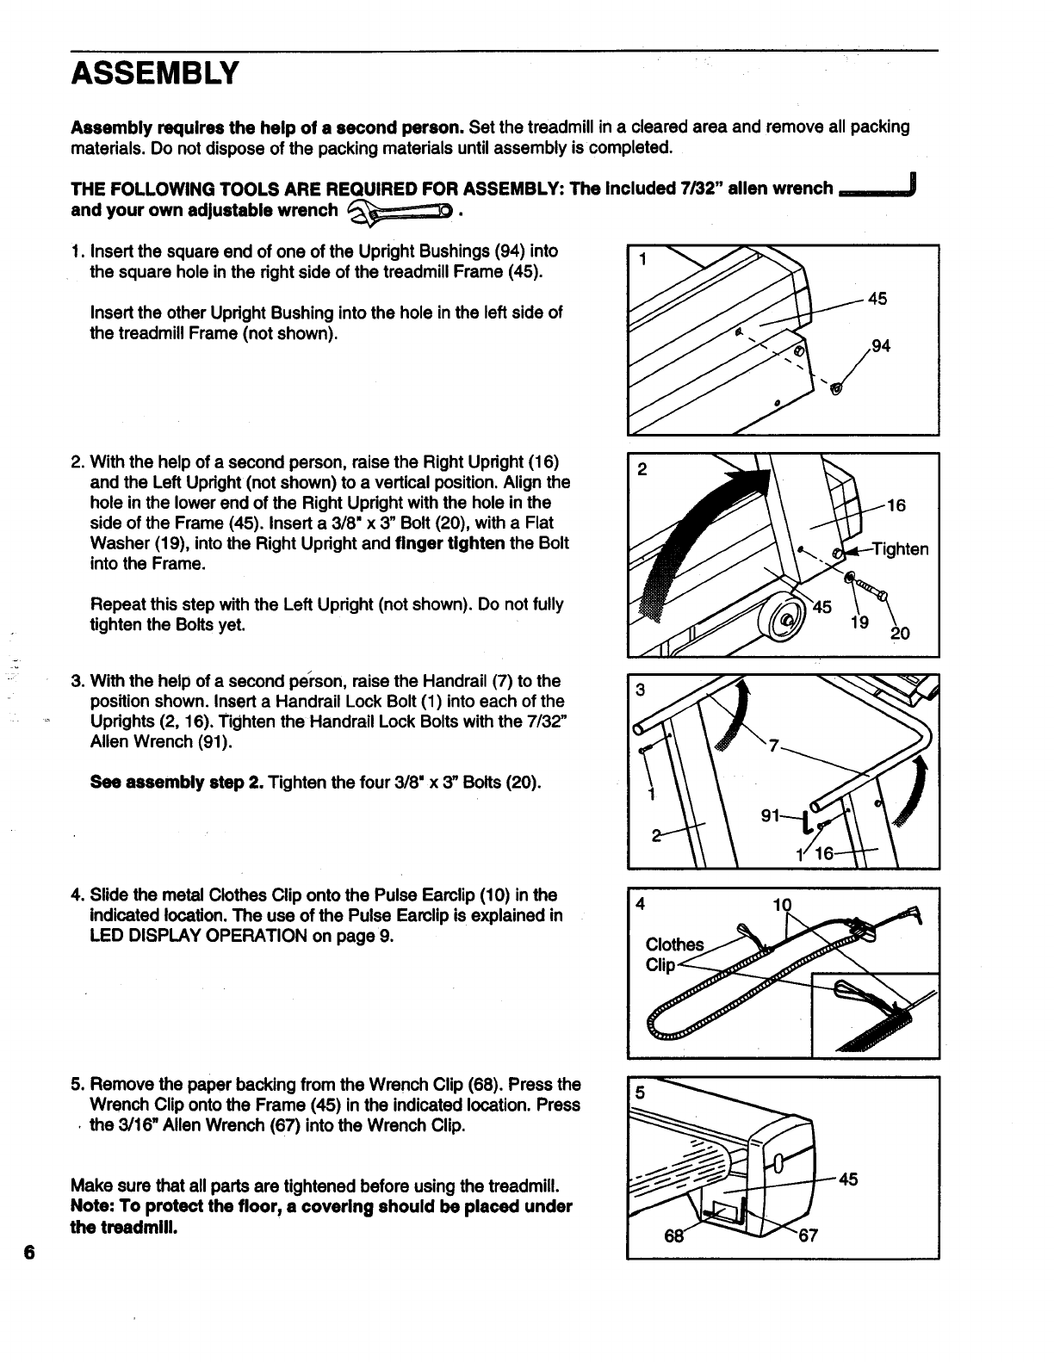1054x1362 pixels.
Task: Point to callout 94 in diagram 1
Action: coord(880,346)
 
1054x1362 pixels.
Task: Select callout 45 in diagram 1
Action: coord(877,299)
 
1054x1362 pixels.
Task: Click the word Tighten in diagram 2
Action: coord(900,549)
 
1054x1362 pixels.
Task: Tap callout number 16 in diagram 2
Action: coord(896,505)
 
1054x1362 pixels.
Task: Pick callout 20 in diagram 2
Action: coord(899,634)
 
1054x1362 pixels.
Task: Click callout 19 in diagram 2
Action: coord(859,622)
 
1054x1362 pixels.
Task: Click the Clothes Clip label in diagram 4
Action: coord(674,955)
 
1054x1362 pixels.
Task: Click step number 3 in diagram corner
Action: coord(640,690)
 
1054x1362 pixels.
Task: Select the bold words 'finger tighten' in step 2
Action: coord(449,544)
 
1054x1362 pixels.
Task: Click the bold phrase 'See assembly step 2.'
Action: coord(177,783)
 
